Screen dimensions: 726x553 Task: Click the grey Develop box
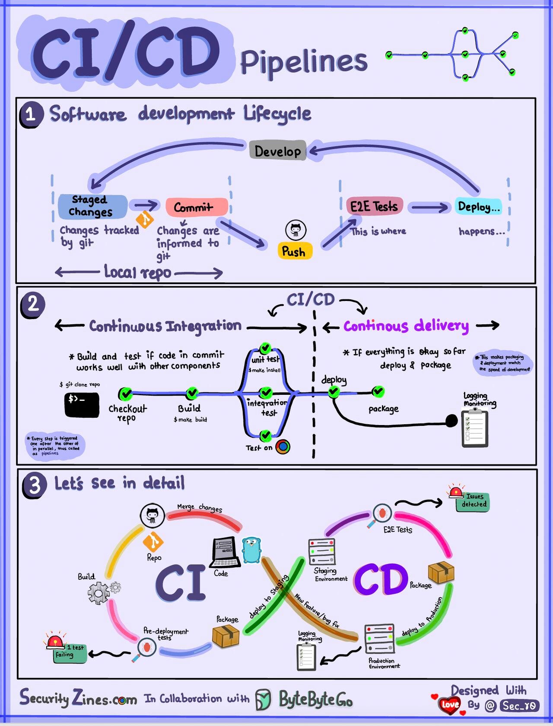(277, 151)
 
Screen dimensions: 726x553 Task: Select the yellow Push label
(294, 251)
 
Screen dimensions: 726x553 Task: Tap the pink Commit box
(197, 208)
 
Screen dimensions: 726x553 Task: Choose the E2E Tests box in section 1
(374, 206)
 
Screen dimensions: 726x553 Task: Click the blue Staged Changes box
(92, 206)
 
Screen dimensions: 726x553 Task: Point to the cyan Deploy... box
(479, 207)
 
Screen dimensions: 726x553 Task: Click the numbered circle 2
(32, 305)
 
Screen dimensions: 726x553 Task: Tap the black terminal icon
(82, 404)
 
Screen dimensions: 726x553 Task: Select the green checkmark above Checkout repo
(125, 393)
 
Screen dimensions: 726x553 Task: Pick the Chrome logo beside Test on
(283, 447)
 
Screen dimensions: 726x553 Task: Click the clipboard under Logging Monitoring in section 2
(475, 428)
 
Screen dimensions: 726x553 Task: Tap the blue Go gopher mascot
(251, 550)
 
